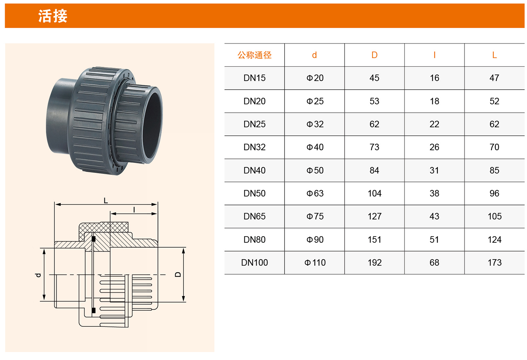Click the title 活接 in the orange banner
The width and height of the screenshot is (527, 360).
point(53,16)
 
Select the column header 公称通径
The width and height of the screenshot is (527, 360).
point(254,55)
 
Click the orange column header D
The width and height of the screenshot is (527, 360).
point(374,55)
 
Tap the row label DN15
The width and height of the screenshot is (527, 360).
point(254,78)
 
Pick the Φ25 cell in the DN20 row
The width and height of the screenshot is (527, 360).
point(315,101)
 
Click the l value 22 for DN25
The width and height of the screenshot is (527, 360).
point(434,124)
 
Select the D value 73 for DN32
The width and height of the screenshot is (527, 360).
point(374,147)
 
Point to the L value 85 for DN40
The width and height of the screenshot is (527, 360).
point(494,170)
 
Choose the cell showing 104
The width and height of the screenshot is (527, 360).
point(374,193)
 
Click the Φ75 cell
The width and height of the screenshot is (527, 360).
point(315,216)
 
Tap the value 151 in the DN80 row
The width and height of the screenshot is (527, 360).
point(374,239)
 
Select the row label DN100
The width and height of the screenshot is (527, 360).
point(254,263)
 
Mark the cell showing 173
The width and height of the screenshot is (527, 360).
point(494,263)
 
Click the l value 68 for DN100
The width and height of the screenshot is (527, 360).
point(434,263)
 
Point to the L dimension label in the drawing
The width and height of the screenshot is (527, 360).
point(106,200)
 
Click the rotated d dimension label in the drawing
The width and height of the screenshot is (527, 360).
point(38,275)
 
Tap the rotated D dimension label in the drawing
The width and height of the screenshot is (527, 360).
point(178,274)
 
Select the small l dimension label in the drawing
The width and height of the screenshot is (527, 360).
point(134,209)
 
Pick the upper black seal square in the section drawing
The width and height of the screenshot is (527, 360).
point(94,239)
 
